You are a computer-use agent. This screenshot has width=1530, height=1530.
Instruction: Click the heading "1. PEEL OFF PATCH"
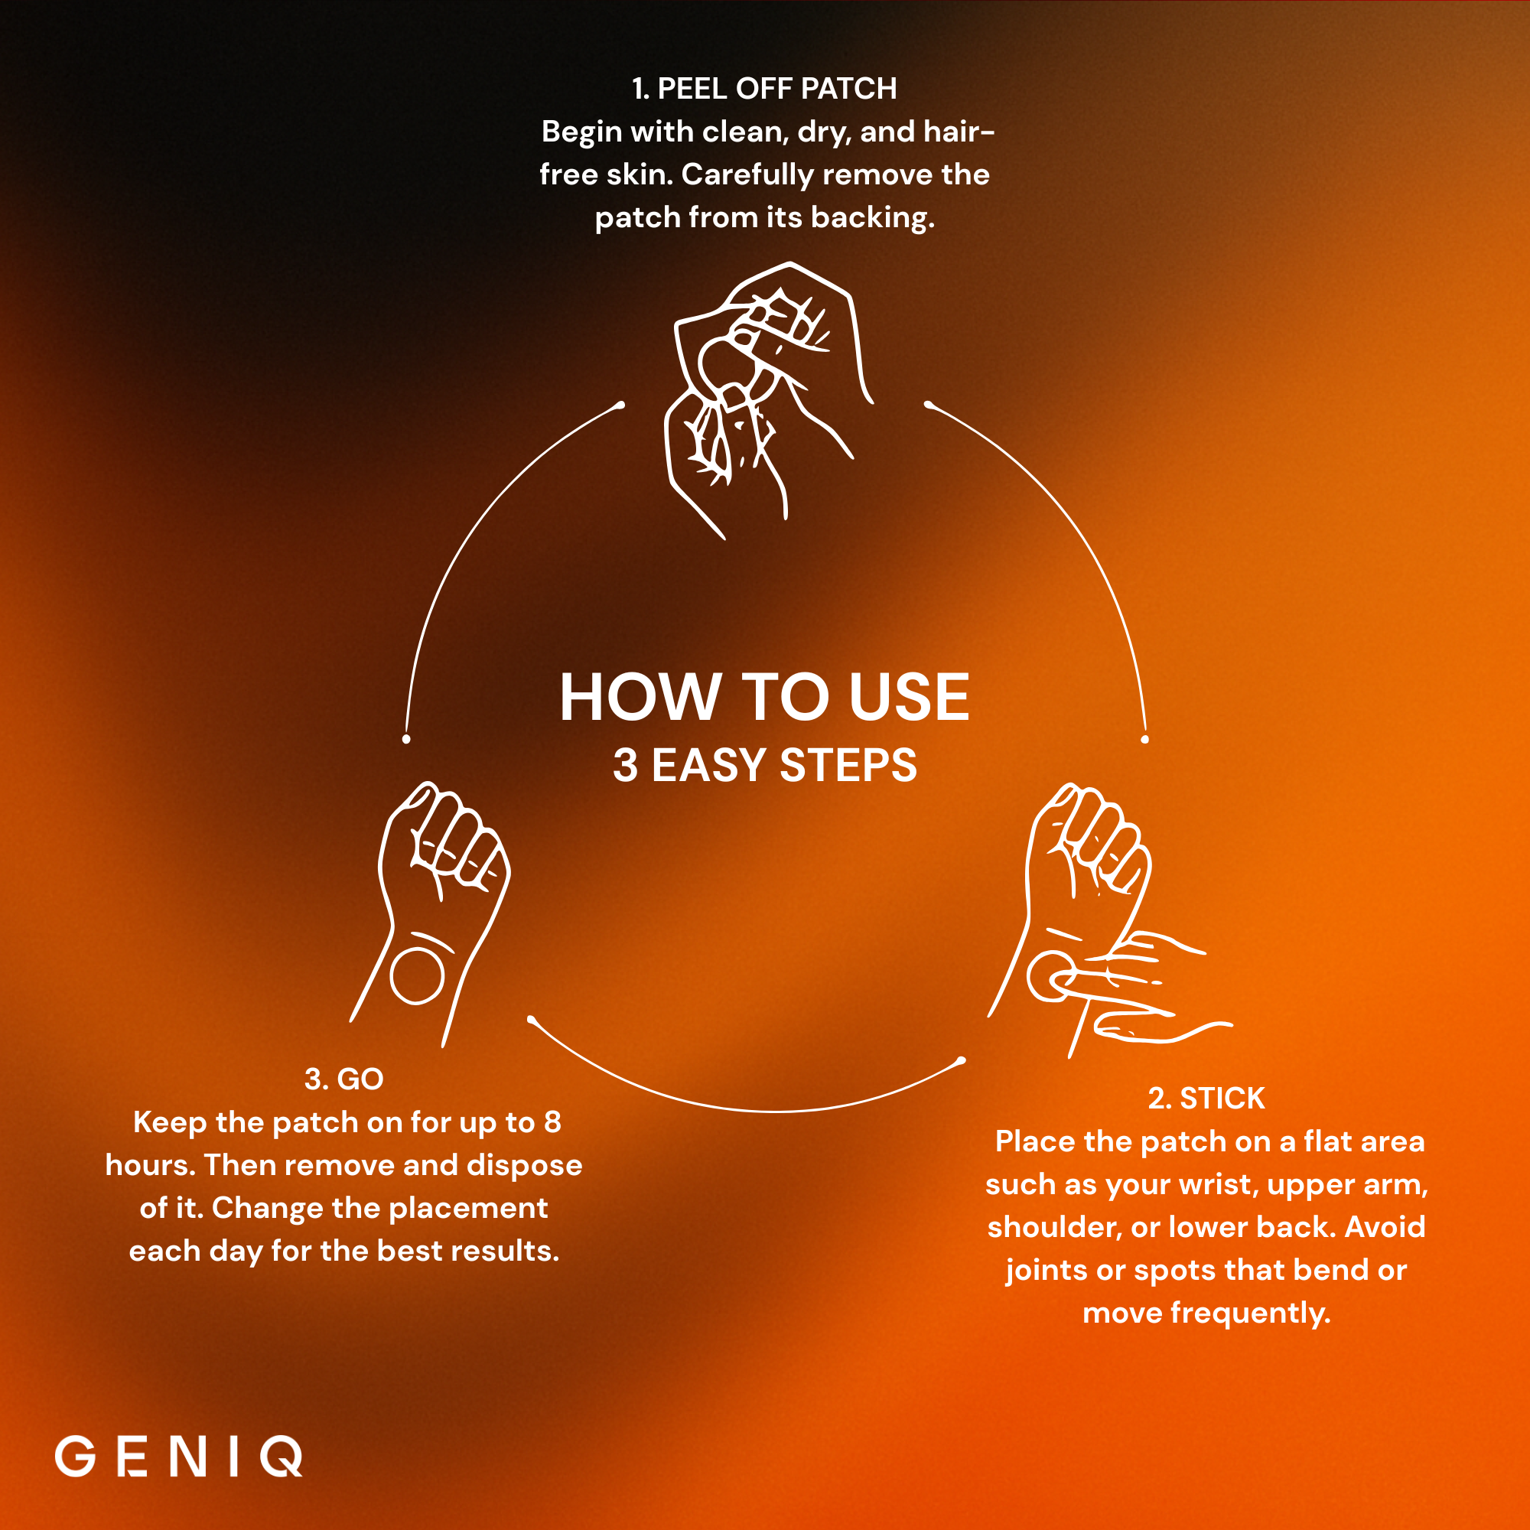(764, 89)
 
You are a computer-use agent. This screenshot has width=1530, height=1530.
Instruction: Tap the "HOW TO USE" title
(764, 697)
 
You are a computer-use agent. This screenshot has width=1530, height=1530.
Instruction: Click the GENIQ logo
(179, 1457)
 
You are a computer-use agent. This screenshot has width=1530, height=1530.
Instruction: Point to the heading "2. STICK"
(1206, 1099)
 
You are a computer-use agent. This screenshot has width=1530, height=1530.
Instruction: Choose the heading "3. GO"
(343, 1079)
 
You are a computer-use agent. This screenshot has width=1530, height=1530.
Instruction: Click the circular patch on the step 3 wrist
(418, 975)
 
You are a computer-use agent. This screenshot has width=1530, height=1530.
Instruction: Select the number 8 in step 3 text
(552, 1122)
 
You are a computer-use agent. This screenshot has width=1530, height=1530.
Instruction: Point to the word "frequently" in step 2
(1251, 1313)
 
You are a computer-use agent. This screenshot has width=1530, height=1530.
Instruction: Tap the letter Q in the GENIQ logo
(281, 1457)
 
